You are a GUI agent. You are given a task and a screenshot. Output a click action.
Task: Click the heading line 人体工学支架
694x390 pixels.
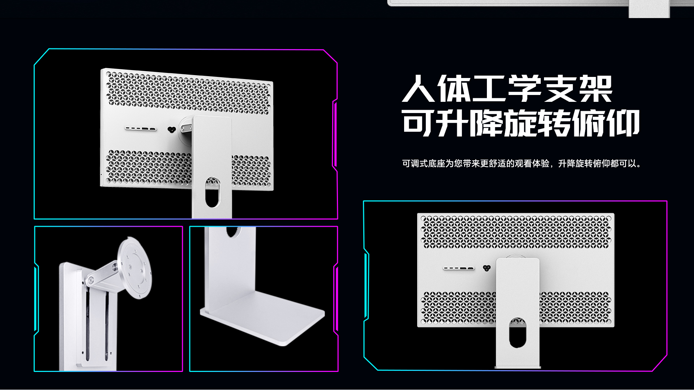tap(507, 89)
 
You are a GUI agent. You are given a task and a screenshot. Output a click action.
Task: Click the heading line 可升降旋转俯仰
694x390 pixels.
tap(521, 123)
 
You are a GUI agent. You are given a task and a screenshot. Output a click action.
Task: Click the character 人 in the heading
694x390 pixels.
tap(418, 89)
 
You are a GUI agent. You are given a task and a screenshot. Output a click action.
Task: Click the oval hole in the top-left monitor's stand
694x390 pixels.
tap(212, 192)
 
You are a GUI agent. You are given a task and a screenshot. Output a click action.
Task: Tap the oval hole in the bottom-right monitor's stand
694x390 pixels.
tap(518, 332)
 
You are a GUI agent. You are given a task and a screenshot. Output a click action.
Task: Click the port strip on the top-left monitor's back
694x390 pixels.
tap(141, 129)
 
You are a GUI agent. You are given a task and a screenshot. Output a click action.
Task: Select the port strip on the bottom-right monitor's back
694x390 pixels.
tap(459, 268)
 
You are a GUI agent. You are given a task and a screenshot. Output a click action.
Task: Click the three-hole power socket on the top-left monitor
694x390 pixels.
tap(172, 129)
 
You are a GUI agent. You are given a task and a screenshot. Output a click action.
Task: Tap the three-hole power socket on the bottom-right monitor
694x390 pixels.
tap(487, 268)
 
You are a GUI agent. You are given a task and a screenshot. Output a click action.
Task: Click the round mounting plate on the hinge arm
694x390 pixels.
tap(135, 267)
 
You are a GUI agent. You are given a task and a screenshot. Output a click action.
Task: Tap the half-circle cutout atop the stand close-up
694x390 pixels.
tap(232, 231)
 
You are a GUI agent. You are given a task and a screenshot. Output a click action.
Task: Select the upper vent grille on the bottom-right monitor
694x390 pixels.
tap(516, 233)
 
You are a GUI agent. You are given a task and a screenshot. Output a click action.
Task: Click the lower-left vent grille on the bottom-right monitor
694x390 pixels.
tap(458, 308)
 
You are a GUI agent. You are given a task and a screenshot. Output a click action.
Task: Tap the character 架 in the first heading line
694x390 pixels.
tap(596, 89)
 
